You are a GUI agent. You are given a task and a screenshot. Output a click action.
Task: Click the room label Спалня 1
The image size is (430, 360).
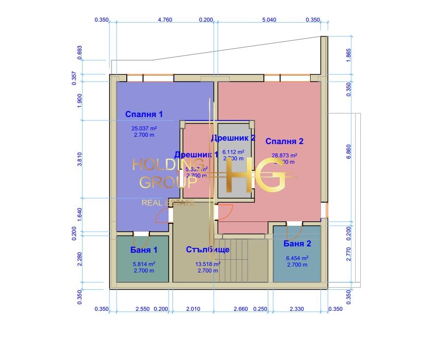tap(144, 114)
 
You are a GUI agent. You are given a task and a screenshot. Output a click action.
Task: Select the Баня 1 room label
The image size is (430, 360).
tap(143, 250)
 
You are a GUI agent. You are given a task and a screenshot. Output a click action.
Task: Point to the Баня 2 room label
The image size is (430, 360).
tap(297, 243)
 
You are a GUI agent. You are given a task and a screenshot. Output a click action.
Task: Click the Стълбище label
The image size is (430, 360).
tap(207, 250)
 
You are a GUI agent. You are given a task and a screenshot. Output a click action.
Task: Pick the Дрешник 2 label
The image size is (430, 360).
tap(233, 138)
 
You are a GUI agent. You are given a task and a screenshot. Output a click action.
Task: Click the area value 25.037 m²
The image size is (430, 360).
tap(143, 128)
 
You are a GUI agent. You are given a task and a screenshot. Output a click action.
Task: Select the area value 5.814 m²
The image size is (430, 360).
tap(143, 264)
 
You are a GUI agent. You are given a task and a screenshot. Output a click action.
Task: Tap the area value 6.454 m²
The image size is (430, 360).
tap(297, 258)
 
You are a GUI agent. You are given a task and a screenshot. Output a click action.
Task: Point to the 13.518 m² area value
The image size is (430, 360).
tap(207, 264)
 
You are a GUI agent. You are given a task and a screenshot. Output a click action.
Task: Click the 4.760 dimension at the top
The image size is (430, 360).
tap(165, 20)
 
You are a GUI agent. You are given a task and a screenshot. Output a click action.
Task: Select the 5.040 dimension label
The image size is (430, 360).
tap(269, 20)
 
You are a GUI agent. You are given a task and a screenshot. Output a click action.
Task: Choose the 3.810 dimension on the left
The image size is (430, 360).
tap(80, 159)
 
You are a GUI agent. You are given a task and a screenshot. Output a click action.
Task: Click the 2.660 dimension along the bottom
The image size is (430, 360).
tap(241, 309)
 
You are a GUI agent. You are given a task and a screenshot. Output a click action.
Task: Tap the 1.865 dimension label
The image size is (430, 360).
tap(348, 55)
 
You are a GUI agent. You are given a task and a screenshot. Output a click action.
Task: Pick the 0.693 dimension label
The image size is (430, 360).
tap(80, 52)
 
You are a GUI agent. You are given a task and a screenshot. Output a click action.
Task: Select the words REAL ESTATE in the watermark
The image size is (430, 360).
tap(168, 203)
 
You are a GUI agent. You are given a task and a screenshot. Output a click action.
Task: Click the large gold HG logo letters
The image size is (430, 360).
tap(256, 176)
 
